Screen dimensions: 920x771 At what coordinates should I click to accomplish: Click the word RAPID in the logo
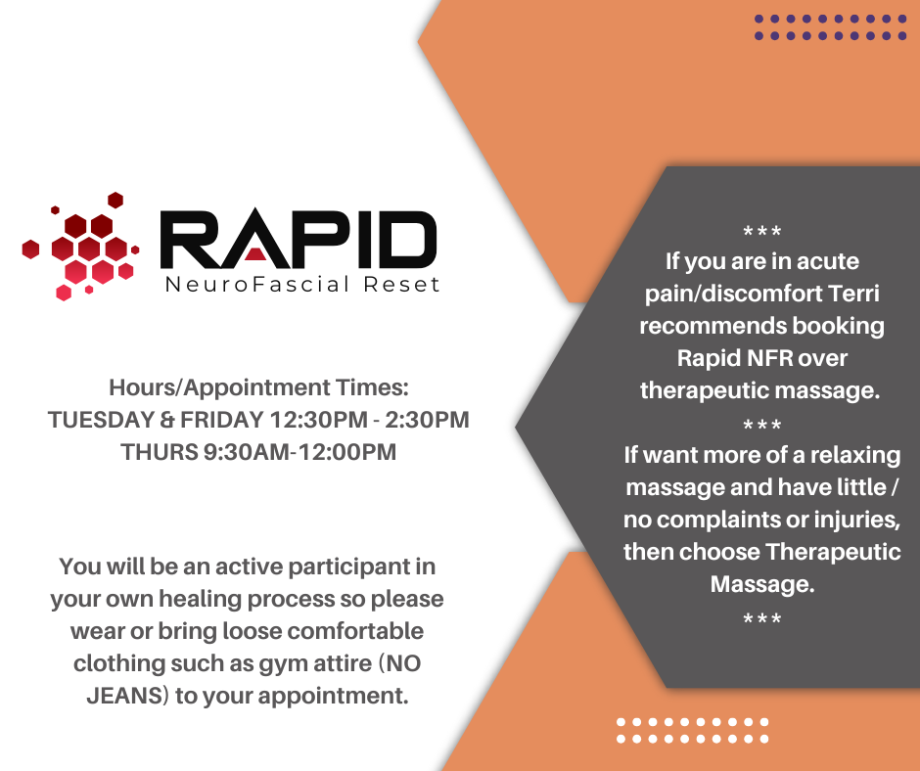299,239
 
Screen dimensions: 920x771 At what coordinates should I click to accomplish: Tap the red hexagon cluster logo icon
80,246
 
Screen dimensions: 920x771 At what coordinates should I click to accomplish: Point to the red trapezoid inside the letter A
255,253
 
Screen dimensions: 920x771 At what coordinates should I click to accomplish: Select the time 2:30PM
427,420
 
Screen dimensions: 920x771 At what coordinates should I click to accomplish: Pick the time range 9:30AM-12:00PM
300,452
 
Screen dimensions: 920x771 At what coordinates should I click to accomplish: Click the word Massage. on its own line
762,584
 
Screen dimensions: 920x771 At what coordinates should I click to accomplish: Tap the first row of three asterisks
762,231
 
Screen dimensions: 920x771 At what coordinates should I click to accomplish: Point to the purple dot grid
830,27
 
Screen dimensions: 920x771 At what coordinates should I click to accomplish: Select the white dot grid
692,731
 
